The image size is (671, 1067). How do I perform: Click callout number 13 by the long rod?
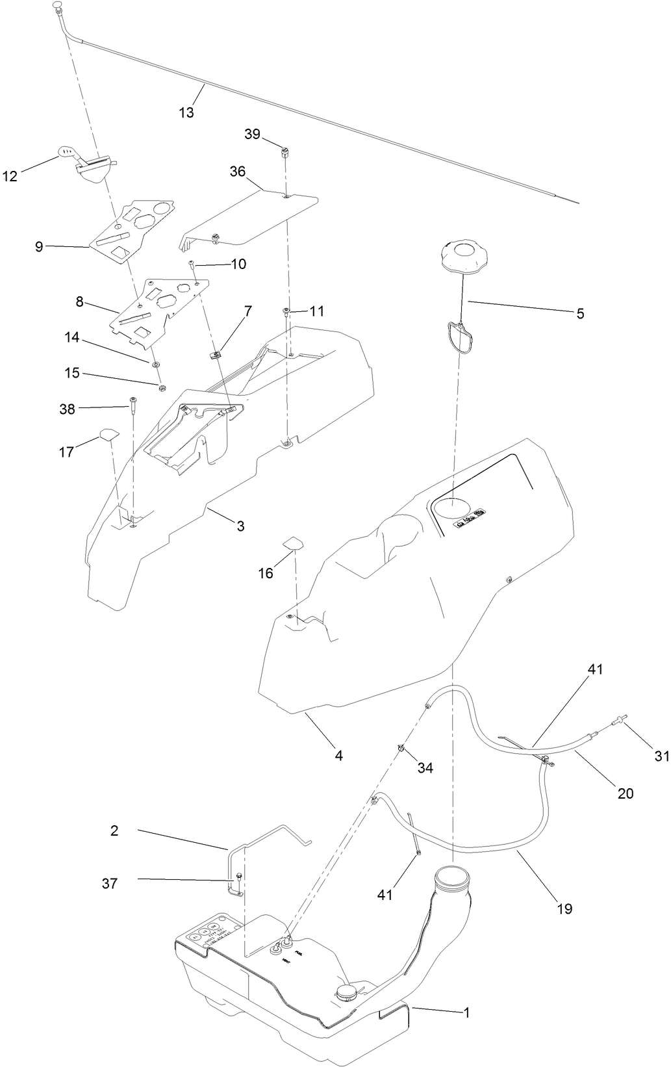pos(186,112)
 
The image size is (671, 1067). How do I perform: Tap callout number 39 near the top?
pos(252,134)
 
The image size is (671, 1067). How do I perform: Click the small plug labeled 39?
pos(285,153)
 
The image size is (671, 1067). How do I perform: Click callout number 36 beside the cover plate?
pos(238,172)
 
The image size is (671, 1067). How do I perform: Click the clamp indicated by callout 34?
pos(403,749)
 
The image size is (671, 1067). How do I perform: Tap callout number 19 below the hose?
pos(564,908)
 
